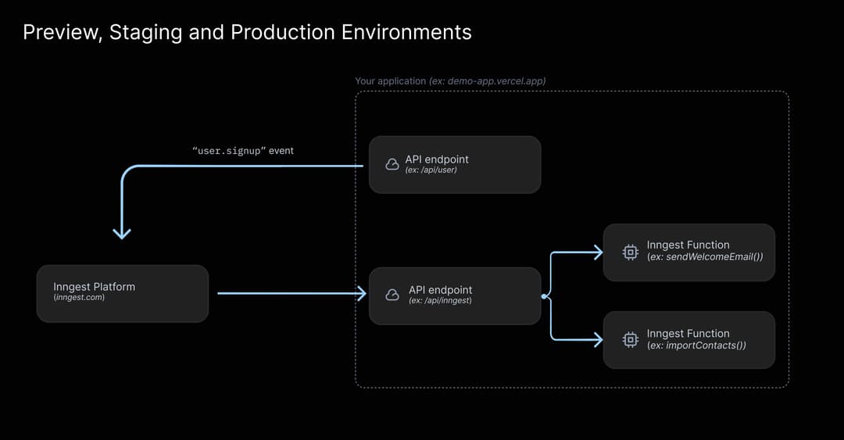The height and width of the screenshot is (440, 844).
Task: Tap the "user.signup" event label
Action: coord(243,150)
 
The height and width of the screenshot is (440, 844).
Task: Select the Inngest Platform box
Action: coord(123,293)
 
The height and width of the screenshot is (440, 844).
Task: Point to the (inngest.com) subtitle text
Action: coord(79,298)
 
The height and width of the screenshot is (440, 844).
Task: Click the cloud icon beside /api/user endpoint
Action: coord(392,164)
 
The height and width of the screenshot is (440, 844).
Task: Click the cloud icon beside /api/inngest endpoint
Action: coord(392,295)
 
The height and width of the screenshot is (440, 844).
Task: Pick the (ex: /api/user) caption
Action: coord(431,170)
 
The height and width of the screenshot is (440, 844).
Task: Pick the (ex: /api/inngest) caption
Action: coord(440,300)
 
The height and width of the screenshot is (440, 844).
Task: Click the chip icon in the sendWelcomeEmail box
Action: coord(630,252)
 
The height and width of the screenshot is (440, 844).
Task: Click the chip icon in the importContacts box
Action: coord(630,339)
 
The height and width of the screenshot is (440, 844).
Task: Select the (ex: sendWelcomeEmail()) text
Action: coord(705,256)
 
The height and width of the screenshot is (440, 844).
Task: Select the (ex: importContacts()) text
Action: coord(696,345)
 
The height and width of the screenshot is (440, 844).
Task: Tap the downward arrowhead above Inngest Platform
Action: coord(122,233)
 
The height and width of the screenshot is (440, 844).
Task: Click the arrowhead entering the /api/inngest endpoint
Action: coord(361,294)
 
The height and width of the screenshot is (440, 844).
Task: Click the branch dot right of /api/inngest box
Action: coord(544,296)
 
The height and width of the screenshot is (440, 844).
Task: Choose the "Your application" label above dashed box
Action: coord(390,81)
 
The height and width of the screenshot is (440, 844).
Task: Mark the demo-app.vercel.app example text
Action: coord(496,81)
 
